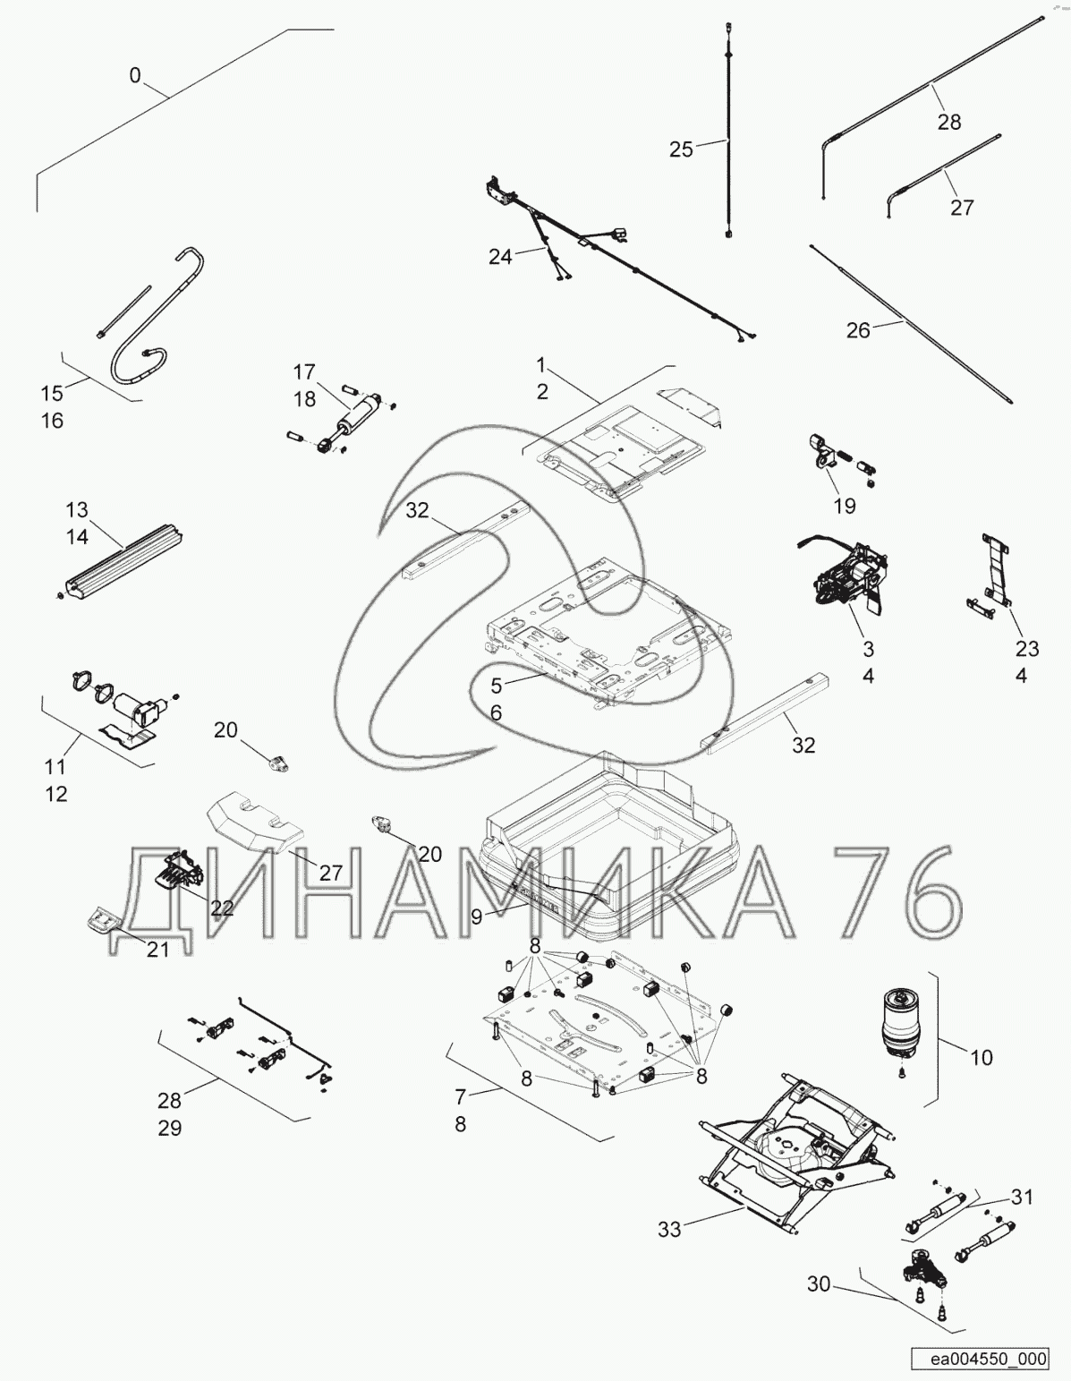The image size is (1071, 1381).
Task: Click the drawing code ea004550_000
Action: [988, 1358]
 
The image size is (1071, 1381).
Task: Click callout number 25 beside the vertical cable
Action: [681, 149]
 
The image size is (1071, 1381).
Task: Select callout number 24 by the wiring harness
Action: [500, 257]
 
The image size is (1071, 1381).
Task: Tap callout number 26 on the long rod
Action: [858, 330]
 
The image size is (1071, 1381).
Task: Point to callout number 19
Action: [845, 506]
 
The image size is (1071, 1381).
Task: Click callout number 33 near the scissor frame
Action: [669, 1230]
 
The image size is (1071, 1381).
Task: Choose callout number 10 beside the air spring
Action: [982, 1058]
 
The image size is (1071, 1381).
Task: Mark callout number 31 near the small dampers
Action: [1022, 1198]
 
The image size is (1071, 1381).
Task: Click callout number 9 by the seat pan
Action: [477, 916]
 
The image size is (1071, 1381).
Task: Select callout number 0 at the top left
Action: [135, 75]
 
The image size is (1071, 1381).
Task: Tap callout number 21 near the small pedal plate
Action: [157, 949]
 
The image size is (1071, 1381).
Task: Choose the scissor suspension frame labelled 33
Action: [797, 1163]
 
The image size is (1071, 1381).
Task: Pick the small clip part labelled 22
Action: [180, 866]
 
